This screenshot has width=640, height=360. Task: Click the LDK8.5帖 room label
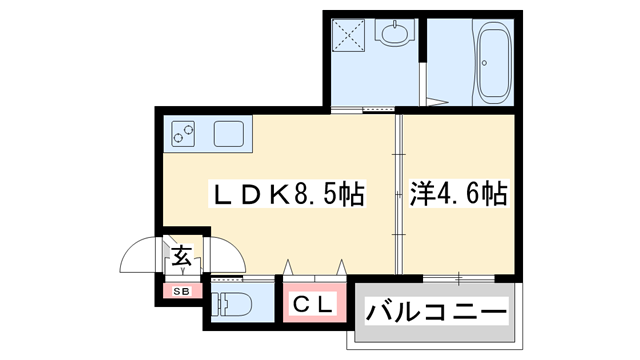(286, 193)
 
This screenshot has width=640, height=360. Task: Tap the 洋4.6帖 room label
(458, 193)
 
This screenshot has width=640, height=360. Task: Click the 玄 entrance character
(183, 256)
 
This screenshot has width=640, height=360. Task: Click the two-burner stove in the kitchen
(184, 132)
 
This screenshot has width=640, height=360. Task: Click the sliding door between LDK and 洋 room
(397, 190)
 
